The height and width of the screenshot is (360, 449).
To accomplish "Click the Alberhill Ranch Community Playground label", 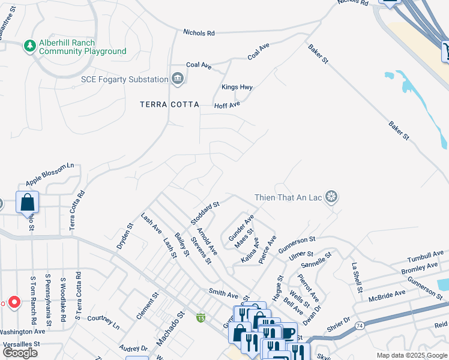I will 83,47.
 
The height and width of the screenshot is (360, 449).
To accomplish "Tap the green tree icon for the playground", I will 29,46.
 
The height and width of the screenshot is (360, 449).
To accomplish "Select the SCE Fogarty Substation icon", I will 177,78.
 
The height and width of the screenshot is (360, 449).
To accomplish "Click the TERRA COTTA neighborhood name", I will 169,104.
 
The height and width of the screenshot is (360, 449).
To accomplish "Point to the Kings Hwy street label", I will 237,87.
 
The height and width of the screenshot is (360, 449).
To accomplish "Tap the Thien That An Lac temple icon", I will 331,196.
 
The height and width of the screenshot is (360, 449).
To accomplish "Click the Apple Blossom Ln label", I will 49,174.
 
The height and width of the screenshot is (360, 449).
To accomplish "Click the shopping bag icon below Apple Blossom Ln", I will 28,203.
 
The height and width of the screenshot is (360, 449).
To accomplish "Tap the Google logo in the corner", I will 20,353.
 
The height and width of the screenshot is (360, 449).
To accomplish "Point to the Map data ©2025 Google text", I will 412,355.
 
